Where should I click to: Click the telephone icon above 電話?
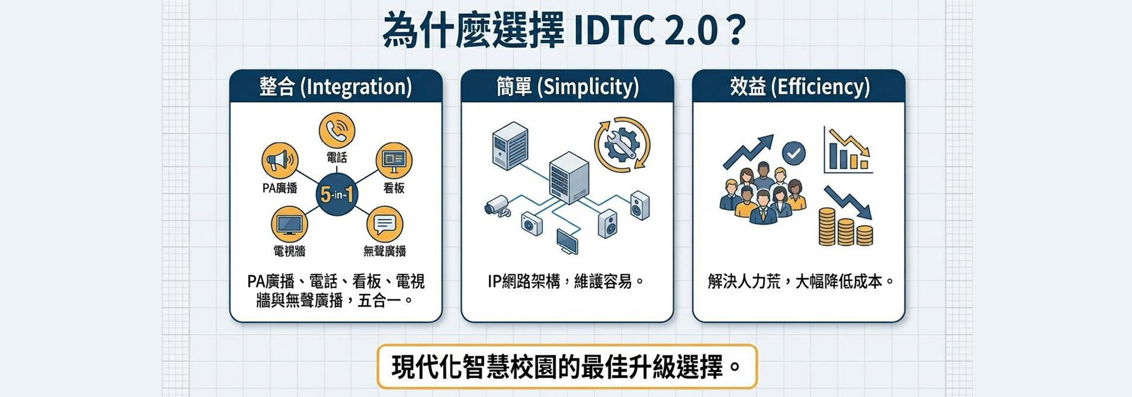[337, 130]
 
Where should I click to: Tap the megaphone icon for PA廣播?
[279, 160]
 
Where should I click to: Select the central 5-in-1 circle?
[336, 195]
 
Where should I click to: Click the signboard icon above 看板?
[394, 160]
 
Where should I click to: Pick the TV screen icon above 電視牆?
[289, 224]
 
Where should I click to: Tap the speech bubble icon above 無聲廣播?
[385, 224]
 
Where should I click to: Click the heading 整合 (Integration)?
[336, 87]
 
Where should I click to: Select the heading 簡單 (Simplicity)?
[567, 87]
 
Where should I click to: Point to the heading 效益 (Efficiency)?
[799, 87]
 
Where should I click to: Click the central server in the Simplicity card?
[569, 178]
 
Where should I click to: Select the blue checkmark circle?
[794, 153]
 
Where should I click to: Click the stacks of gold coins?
[845, 227]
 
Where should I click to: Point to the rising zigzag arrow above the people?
[749, 152]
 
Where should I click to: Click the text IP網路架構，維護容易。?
[567, 282]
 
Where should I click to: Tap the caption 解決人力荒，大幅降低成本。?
[800, 282]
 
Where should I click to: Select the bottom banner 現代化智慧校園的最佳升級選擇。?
[567, 367]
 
